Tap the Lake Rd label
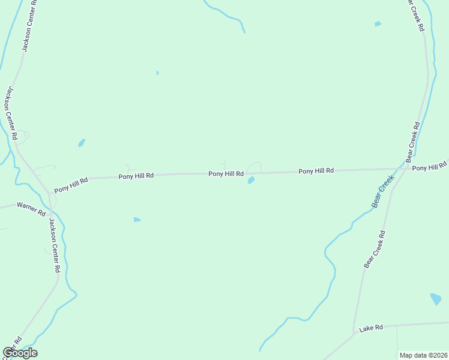pyautogui.click(x=371, y=329)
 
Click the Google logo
pyautogui.click(x=20, y=353)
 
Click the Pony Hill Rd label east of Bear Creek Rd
pyautogui.click(x=430, y=167)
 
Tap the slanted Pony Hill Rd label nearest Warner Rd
pyautogui.click(x=71, y=185)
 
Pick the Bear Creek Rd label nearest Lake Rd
pyautogui.click(x=374, y=248)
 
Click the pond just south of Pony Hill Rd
pyautogui.click(x=251, y=180)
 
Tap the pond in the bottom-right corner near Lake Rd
pyautogui.click(x=436, y=299)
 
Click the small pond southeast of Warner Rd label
pyautogui.click(x=137, y=220)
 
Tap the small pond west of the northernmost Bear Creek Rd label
pyautogui.click(x=378, y=24)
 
